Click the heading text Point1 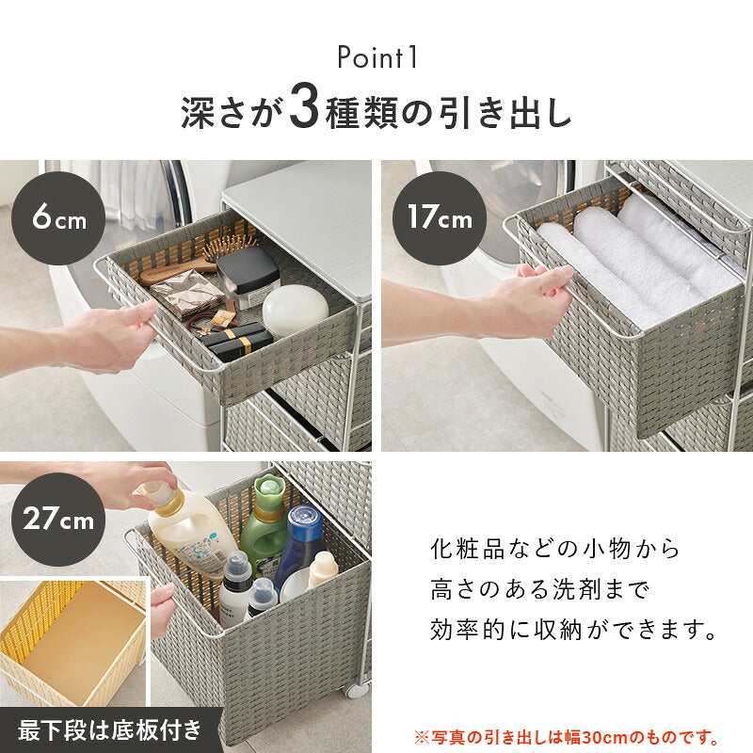point(376,58)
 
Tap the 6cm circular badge point(57,219)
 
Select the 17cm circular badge point(439,219)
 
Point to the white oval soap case point(295,311)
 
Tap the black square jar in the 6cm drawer point(248,276)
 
